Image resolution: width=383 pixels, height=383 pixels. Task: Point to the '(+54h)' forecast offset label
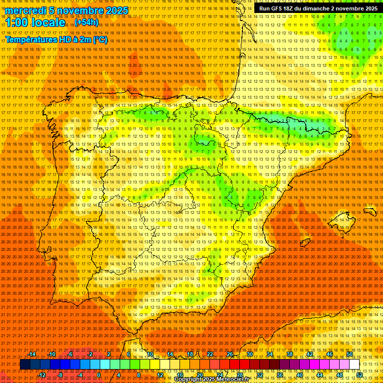point(86,23)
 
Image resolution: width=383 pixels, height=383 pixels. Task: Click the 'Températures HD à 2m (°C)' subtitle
point(56,39)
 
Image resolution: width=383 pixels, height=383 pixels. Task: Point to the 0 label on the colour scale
point(99,375)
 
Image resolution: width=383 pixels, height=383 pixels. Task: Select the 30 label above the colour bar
point(250,354)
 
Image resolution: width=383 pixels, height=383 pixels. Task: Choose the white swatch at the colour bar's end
point(354,365)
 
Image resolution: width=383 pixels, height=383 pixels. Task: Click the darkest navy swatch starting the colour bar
point(25,365)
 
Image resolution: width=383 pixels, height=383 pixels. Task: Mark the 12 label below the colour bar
point(160,375)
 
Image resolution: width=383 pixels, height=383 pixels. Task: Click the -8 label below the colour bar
point(61,375)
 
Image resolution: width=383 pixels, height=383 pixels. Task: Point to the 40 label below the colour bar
point(299,375)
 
